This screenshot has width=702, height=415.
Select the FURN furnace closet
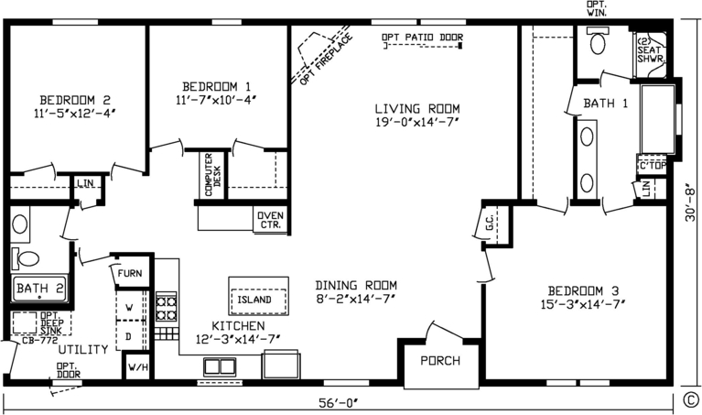click(130, 272)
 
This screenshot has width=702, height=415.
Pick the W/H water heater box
click(137, 368)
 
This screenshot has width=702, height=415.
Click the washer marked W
click(130, 306)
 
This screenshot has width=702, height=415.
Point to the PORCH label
click(440, 360)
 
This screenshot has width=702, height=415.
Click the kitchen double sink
click(220, 366)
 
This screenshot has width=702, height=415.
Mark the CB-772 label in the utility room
click(27, 340)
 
